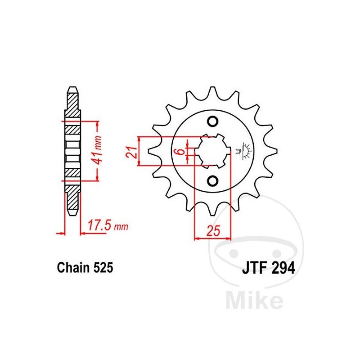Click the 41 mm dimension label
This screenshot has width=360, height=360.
[98, 150]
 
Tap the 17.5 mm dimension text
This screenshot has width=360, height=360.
[108, 225]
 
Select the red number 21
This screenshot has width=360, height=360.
[131, 152]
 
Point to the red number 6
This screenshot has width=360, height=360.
[181, 152]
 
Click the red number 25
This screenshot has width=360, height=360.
[213, 231]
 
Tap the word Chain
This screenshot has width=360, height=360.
[73, 268]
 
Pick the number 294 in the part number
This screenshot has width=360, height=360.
[283, 268]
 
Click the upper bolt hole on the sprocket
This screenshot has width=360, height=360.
[212, 121]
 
